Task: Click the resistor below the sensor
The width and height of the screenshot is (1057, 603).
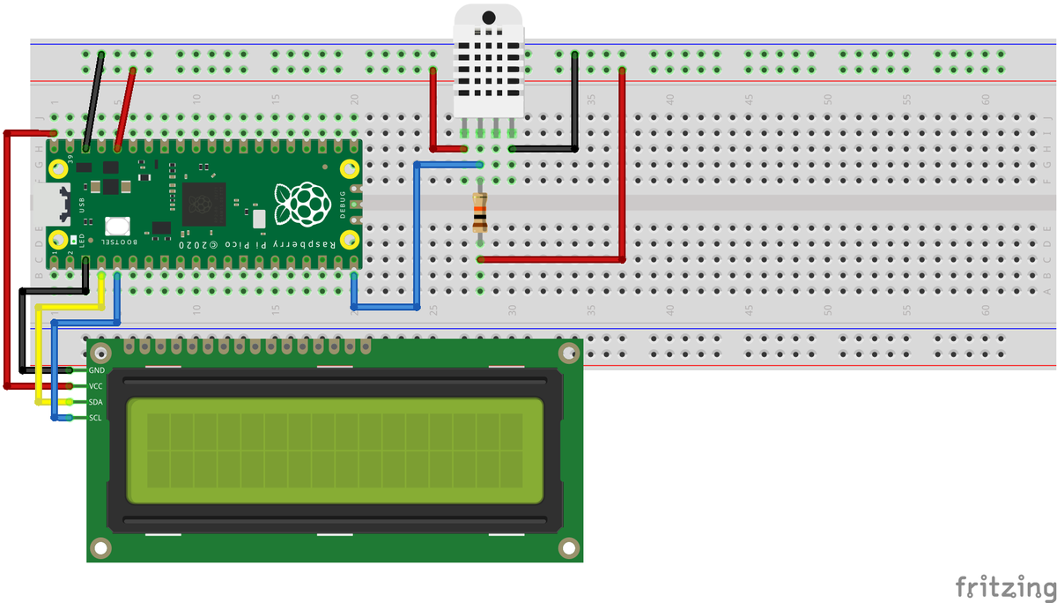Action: pyautogui.click(x=479, y=212)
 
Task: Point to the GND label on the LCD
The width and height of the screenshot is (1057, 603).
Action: pyautogui.click(x=97, y=370)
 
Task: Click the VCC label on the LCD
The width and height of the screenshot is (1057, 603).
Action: pyautogui.click(x=97, y=386)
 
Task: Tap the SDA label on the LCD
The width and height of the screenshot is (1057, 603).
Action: pyautogui.click(x=97, y=402)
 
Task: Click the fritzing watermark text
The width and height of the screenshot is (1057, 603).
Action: pyautogui.click(x=1003, y=585)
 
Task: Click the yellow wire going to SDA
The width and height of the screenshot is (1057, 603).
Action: pyautogui.click(x=37, y=353)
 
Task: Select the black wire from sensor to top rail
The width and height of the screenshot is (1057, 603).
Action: pyautogui.click(x=574, y=106)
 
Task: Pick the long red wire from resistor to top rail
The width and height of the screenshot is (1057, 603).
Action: pyautogui.click(x=622, y=167)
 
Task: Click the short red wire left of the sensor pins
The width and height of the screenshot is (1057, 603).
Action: pyautogui.click(x=433, y=115)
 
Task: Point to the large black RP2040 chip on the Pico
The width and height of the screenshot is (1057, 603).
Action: pyautogui.click(x=204, y=205)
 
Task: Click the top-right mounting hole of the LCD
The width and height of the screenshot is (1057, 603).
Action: pyautogui.click(x=566, y=354)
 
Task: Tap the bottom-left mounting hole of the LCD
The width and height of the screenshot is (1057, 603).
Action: pyautogui.click(x=102, y=547)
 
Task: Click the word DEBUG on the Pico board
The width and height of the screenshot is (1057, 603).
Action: pyautogui.click(x=343, y=204)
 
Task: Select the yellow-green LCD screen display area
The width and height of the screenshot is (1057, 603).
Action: pyautogui.click(x=334, y=450)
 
